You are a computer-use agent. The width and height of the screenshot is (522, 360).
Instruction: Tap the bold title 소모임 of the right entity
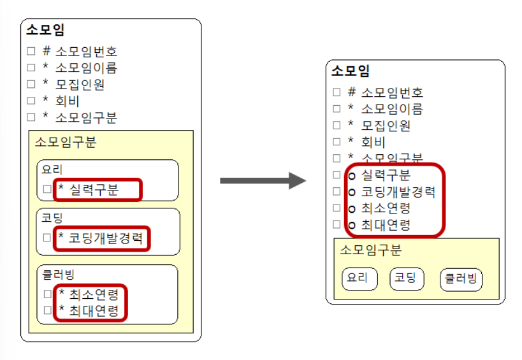(351, 71)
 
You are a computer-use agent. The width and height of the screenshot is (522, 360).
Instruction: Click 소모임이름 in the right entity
(391, 109)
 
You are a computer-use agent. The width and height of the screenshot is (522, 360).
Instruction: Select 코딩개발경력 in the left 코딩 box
(106, 238)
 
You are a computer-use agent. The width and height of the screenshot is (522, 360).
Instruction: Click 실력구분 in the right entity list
(386, 175)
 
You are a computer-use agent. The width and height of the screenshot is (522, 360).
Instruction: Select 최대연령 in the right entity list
(386, 225)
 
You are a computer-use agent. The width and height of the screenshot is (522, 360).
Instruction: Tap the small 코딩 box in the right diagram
(406, 278)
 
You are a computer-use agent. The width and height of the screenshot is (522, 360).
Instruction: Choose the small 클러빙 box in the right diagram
(461, 279)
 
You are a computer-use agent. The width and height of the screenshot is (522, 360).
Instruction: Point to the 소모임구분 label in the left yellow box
(66, 141)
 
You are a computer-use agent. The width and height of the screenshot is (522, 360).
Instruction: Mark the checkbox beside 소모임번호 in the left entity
(31, 52)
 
